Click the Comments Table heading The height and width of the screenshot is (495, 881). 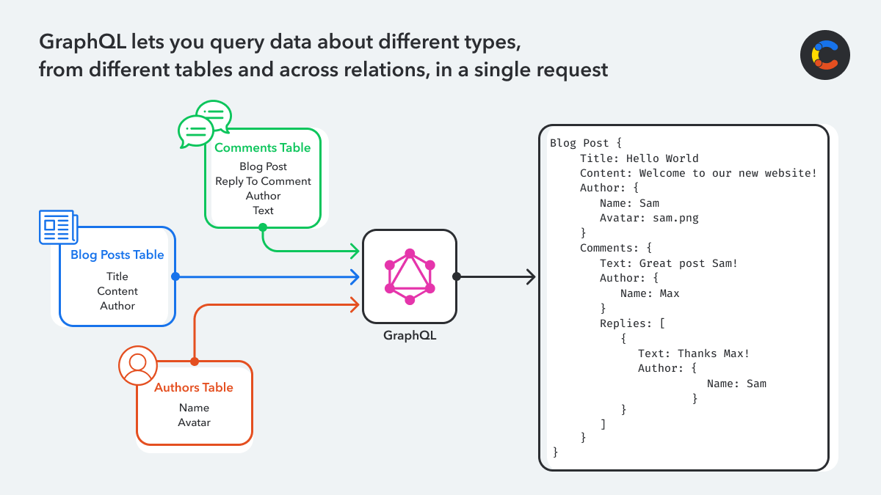tap(262, 147)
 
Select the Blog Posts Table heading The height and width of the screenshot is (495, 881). tap(117, 255)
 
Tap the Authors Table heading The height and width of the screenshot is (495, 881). tap(194, 388)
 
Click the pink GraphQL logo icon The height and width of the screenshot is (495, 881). tap(410, 276)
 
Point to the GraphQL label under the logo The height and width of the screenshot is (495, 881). tap(410, 336)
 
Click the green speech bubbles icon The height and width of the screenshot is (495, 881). tap(204, 122)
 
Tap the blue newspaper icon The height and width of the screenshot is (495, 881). tap(57, 227)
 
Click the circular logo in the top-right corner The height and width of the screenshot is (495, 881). tap(824, 55)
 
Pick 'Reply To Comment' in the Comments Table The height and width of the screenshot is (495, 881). tap(263, 181)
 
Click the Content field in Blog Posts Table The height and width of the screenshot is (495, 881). tap(117, 291)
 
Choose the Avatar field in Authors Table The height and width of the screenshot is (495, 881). tap(194, 422)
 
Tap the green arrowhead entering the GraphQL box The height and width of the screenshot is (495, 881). tap(355, 252)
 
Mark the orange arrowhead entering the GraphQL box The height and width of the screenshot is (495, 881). tap(355, 303)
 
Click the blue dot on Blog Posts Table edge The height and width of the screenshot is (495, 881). tap(175, 276)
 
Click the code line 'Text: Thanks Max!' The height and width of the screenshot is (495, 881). tap(694, 353)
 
